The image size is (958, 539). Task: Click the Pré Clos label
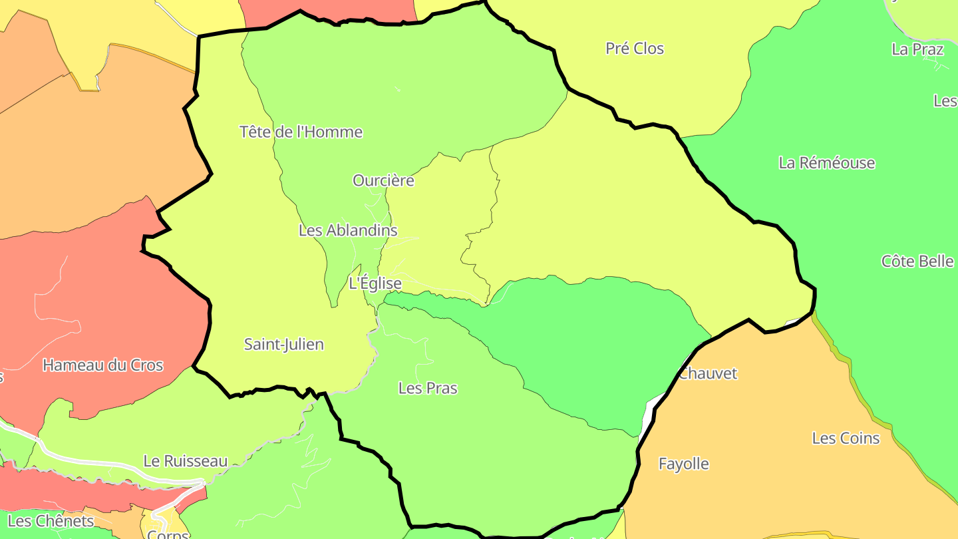635,49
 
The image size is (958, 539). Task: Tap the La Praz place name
917,49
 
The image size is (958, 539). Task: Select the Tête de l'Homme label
301,132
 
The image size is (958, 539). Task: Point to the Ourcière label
383,180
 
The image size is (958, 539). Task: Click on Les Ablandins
348,230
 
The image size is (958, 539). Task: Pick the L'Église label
375,283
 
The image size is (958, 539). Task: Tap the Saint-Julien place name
284,345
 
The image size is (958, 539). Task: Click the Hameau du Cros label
103,365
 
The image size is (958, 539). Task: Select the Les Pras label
428,388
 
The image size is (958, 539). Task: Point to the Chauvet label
708,373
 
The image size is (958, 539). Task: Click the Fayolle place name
684,464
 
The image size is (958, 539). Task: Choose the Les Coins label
846,439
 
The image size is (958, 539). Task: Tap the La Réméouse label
827,163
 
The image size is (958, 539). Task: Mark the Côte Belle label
917,262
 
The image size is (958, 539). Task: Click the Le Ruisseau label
186,461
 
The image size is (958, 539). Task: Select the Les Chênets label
51,520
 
